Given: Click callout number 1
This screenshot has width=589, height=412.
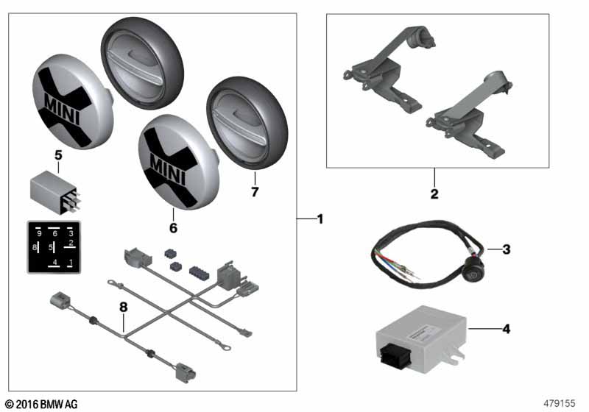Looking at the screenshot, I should coord(320,219).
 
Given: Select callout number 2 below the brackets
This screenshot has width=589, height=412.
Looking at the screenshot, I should coord(434,194).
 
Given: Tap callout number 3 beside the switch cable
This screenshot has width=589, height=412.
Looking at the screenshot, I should coord(506,249).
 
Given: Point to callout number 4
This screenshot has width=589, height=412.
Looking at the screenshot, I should coord(506,328).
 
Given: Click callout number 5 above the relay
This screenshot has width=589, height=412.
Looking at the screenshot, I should coord(59,155).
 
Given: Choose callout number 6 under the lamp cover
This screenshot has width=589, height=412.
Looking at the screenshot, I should coord(173,228).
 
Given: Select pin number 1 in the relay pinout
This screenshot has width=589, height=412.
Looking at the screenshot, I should coord(70,261).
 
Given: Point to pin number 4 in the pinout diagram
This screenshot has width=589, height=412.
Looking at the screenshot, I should coord(54,261).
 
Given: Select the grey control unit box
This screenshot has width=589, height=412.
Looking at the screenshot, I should coord(420,338).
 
